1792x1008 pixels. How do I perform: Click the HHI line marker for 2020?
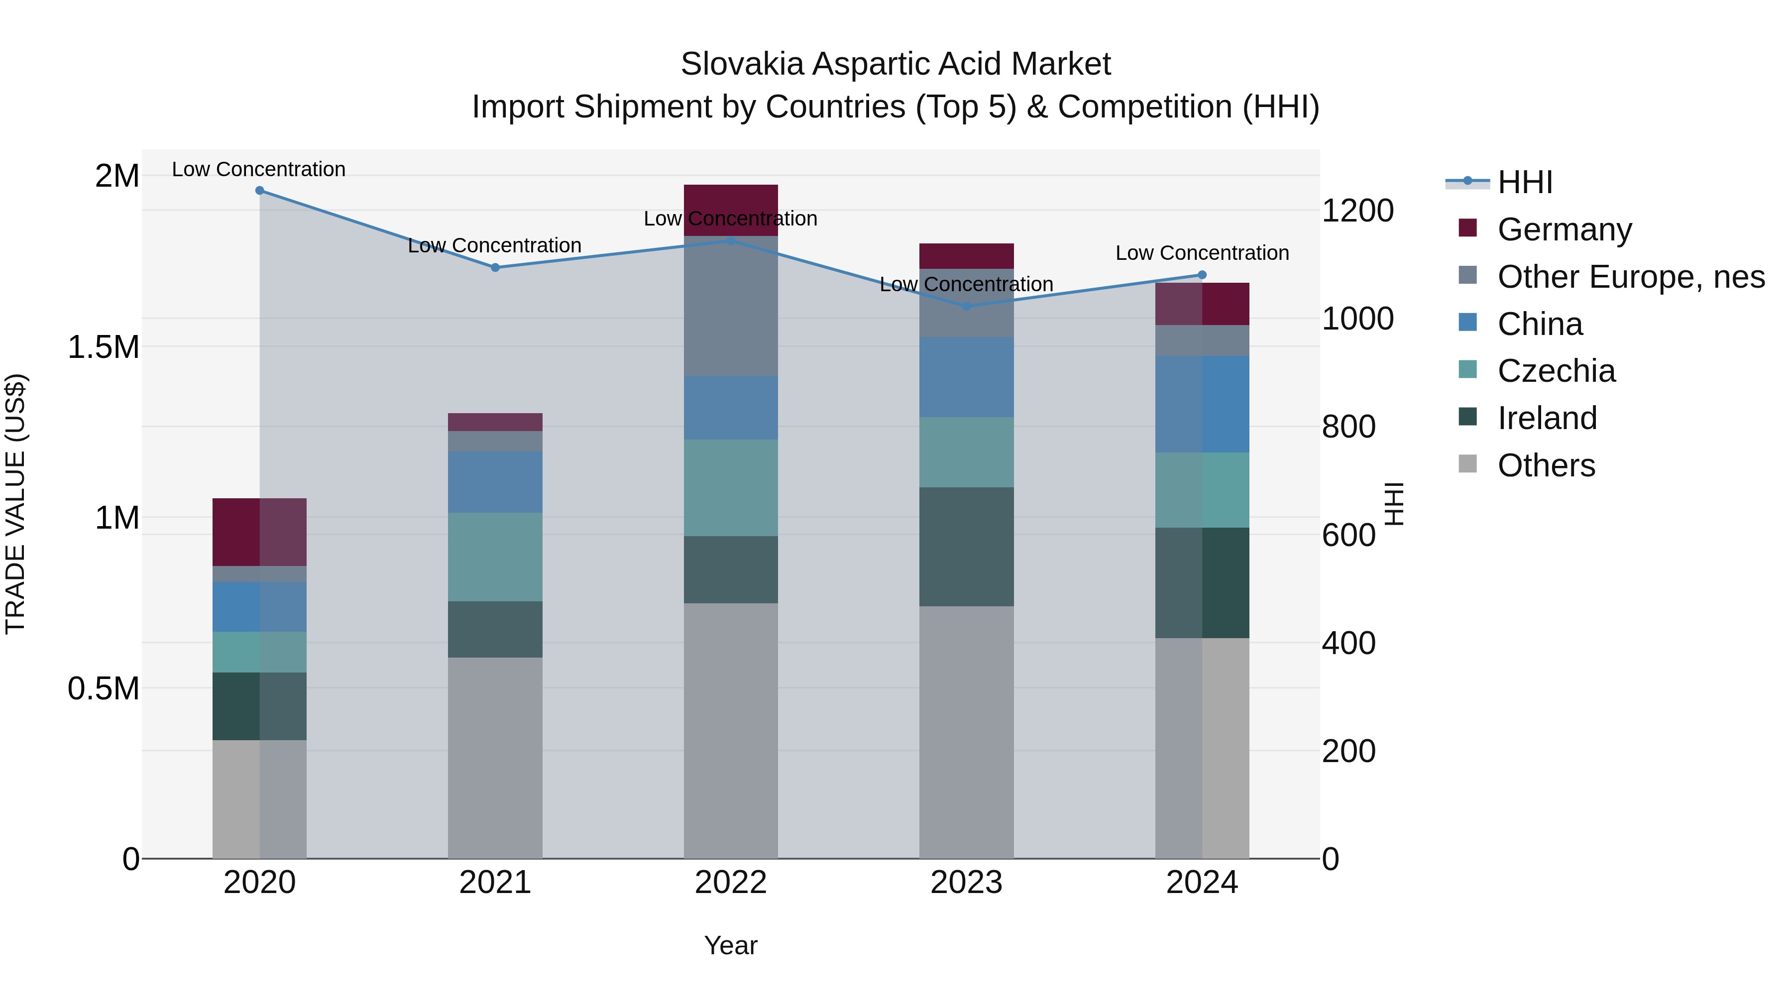259,190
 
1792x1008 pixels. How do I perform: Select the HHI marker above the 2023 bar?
966,306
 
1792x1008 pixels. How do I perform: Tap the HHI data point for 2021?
495,267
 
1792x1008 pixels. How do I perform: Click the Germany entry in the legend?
1564,229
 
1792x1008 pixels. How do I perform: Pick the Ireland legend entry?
1547,418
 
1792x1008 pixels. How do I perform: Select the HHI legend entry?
1524,182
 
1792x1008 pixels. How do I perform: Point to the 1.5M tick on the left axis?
103,347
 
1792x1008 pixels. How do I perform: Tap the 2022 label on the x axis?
730,883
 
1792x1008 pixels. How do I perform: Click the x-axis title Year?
730,945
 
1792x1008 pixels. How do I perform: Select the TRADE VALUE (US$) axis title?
15,504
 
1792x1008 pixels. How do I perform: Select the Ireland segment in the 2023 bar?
966,546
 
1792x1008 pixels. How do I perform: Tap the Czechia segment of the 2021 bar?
495,557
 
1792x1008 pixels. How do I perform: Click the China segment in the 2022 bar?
730,408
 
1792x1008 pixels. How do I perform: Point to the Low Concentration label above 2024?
1202,253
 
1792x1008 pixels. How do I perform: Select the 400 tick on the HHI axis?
1348,644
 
